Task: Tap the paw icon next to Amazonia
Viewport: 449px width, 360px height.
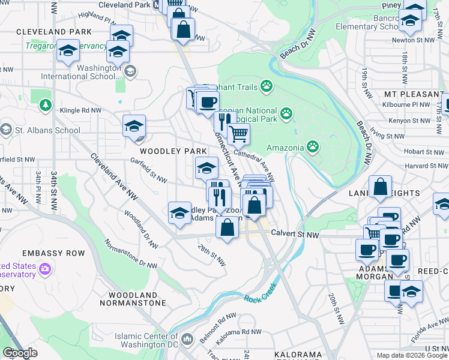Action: click(313, 146)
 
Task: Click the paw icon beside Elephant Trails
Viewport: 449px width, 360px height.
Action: click(266, 87)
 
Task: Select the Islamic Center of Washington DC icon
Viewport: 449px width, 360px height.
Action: click(187, 340)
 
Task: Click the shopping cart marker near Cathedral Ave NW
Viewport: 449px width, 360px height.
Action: click(239, 134)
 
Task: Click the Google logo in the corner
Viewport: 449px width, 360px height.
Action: click(20, 353)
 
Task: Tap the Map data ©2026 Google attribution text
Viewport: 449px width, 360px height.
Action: click(411, 355)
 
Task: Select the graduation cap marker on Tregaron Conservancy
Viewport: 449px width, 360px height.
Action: click(68, 50)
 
